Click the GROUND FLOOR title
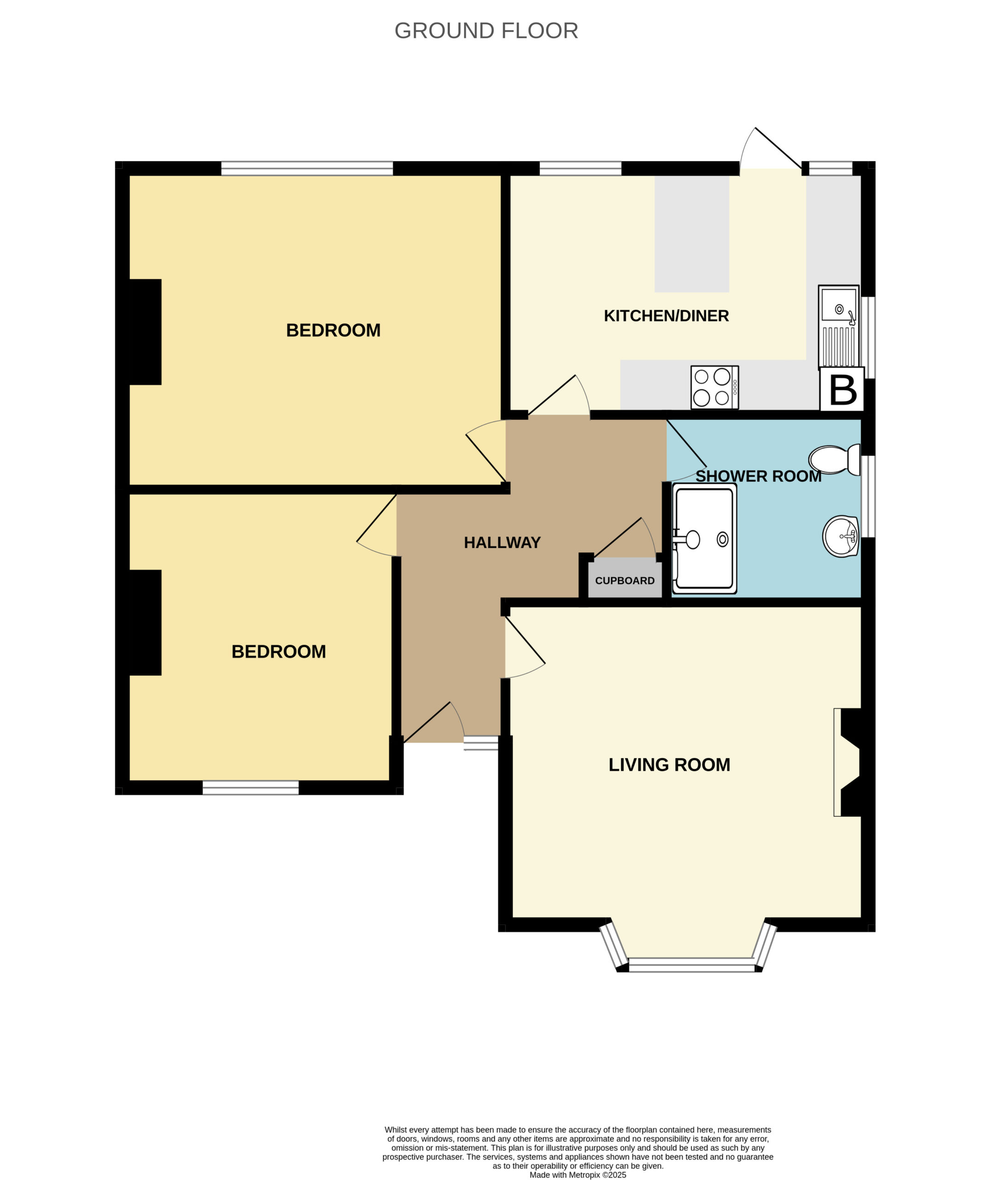click(x=486, y=31)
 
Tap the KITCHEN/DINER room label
click(x=666, y=316)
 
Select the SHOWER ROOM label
click(x=758, y=476)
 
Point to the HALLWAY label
click(x=502, y=542)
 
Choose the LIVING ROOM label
click(x=669, y=765)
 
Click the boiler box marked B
click(x=842, y=389)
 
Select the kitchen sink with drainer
click(x=838, y=327)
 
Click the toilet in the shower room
click(x=834, y=460)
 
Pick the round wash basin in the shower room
click(x=841, y=536)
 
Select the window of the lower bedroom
click(x=251, y=787)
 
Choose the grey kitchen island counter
click(x=692, y=234)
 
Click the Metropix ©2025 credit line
click(x=578, y=1175)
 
